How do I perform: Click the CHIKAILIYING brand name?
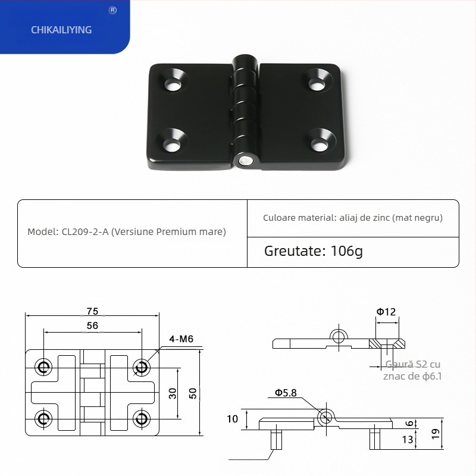pos(61,29)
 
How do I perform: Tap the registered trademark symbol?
pos(113,10)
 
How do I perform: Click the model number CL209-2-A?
pos(84,232)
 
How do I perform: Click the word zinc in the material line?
pos(378,218)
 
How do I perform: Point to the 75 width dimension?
pos(92,311)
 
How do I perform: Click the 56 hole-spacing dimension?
pos(92,325)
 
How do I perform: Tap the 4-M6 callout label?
pos(181,339)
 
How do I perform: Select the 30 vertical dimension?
pos(172,393)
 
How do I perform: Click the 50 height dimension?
pos(192,393)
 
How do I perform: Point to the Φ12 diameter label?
pos(386,311)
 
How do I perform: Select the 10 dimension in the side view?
pos(232,419)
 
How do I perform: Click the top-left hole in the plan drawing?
pos(43,367)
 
